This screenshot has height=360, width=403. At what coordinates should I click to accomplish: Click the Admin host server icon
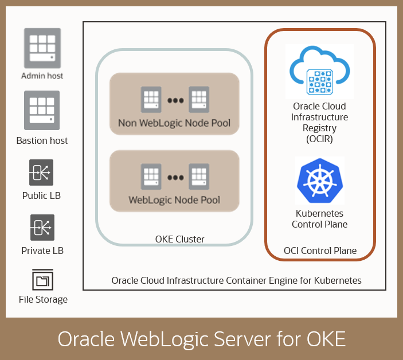pyautogui.click(x=42, y=48)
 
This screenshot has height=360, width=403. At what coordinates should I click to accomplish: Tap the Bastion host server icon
pyautogui.click(x=42, y=111)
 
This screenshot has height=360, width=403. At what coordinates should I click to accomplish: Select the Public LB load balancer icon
pyautogui.click(x=42, y=171)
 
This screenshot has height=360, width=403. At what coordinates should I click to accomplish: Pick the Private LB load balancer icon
pyautogui.click(x=42, y=228)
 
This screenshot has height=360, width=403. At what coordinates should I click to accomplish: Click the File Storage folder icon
pyautogui.click(x=42, y=280)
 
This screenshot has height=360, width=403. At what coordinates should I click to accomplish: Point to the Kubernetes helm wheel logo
pyautogui.click(x=319, y=181)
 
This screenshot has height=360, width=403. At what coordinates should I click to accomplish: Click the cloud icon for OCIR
pyautogui.click(x=319, y=73)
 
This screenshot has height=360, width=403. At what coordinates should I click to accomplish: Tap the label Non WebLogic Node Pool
pyautogui.click(x=174, y=123)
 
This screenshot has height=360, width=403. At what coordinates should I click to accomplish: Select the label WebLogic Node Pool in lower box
pyautogui.click(x=174, y=200)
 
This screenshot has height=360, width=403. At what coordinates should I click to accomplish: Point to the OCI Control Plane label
pyautogui.click(x=320, y=251)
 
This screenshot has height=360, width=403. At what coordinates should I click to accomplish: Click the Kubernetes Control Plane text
pyautogui.click(x=320, y=219)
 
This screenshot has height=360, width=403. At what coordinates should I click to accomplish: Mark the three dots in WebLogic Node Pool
pyautogui.click(x=174, y=178)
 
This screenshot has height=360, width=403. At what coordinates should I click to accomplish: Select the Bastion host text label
pyautogui.click(x=42, y=140)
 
